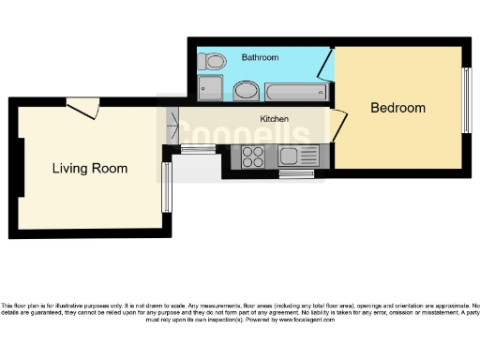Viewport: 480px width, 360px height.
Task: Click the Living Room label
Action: tap(90, 169)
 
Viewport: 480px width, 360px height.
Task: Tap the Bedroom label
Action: tap(397, 108)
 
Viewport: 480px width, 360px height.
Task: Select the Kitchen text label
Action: tap(274, 120)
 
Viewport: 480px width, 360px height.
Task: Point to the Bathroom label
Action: tap(260, 58)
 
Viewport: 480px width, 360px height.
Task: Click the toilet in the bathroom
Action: tap(214, 62)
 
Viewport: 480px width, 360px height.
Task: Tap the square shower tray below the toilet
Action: tap(211, 89)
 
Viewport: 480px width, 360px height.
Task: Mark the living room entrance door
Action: tap(86, 109)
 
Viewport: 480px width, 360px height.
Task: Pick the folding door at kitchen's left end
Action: tap(172, 125)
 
